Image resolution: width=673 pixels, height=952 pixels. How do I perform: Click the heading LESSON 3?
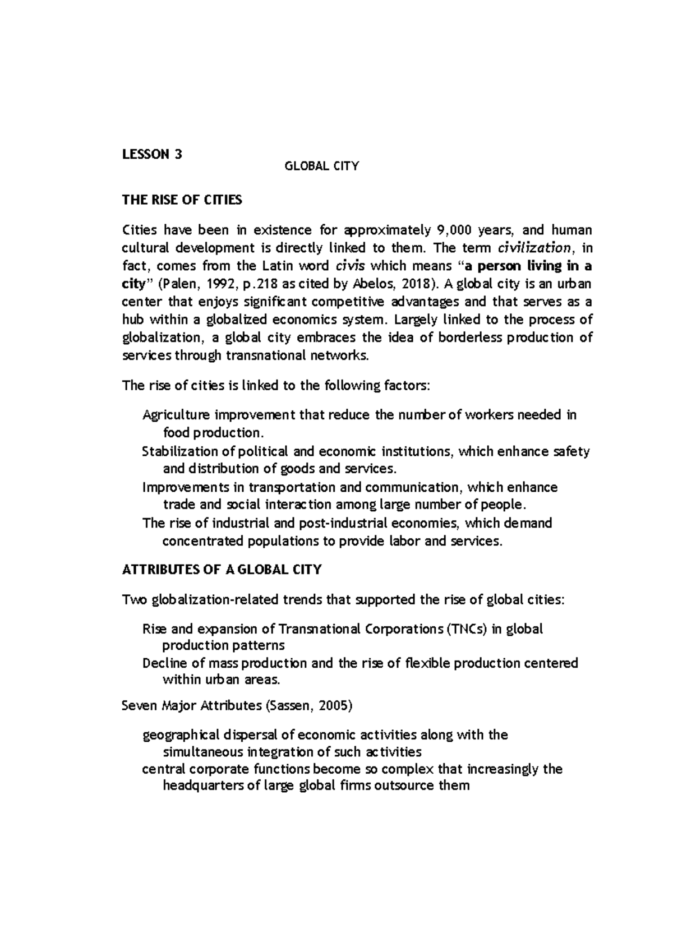[x=152, y=154]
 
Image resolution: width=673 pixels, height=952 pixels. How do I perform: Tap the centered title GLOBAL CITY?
[x=322, y=166]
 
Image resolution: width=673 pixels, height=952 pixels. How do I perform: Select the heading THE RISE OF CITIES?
[x=182, y=200]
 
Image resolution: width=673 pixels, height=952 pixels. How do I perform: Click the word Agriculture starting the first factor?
[x=177, y=415]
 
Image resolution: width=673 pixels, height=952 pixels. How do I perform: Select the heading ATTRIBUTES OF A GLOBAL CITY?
[x=222, y=570]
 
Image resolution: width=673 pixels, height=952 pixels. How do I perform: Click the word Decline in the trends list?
[x=165, y=664]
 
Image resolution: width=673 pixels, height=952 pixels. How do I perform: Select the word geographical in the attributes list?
[x=181, y=735]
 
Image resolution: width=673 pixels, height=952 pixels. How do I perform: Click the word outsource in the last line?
[x=404, y=785]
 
